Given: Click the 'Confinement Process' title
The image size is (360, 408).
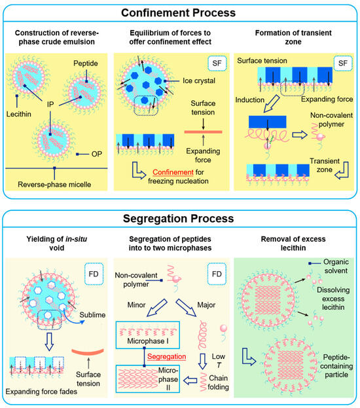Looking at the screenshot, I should tap(180, 12).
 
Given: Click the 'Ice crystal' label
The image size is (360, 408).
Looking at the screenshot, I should tap(184, 81).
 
